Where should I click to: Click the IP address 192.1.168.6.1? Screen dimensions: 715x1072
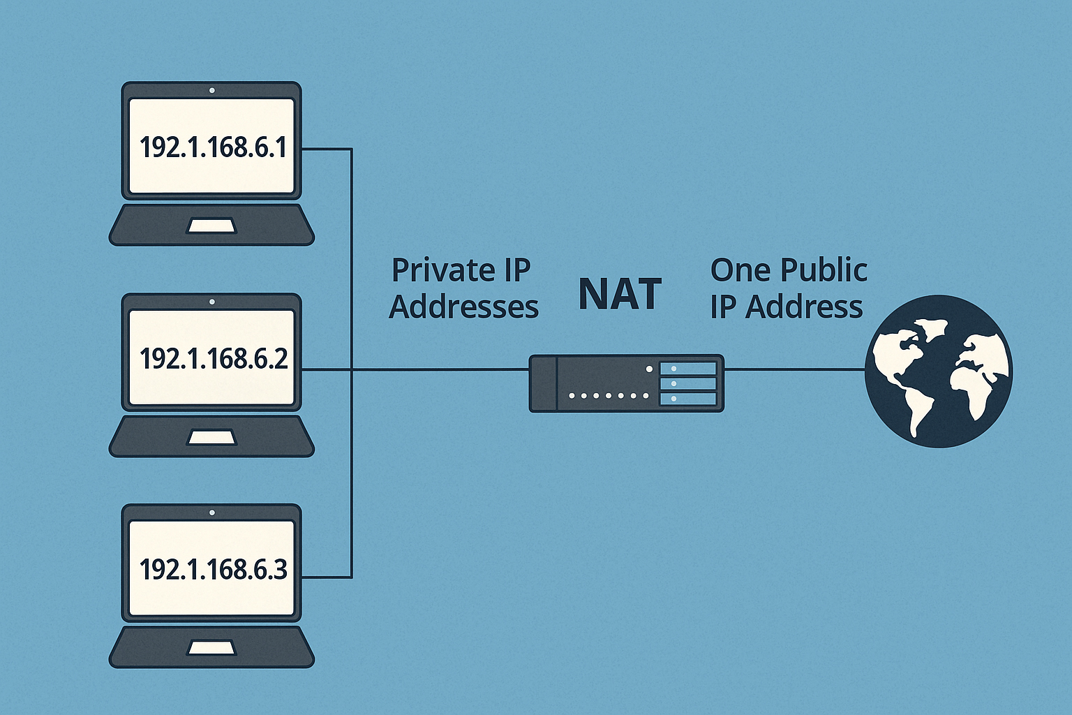213,147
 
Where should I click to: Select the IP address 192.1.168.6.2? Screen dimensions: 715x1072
213,359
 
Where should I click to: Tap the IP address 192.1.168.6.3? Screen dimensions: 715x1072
213,570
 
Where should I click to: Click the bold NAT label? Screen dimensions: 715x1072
620,295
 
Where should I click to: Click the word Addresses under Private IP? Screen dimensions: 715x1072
463,307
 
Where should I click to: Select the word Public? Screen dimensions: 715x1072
824,270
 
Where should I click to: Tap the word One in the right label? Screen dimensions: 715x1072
740,270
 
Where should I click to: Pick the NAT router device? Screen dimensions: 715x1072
626,383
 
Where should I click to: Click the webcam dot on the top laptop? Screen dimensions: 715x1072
211,90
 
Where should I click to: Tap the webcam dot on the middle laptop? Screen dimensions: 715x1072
211,302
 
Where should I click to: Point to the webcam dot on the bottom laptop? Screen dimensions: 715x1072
211,513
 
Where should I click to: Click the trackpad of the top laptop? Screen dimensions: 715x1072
211,226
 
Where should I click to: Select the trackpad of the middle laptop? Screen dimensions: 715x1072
211,437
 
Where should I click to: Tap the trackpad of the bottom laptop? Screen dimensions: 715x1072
211,648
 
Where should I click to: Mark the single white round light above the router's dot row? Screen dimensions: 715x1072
650,369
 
